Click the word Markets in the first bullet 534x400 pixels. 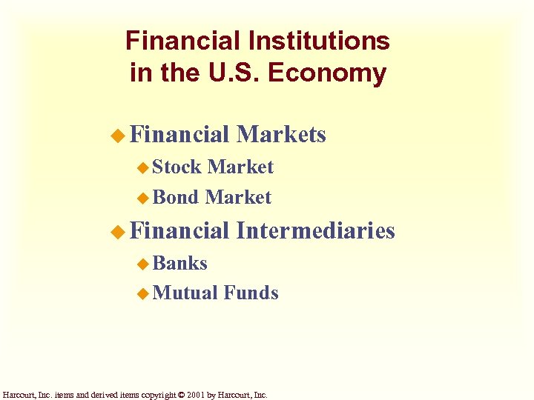point(281,134)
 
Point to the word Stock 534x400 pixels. point(177,167)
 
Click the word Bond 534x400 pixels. point(176,197)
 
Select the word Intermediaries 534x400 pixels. point(315,230)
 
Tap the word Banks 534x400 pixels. point(180,263)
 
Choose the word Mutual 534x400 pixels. point(185,293)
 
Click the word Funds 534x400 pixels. point(251,293)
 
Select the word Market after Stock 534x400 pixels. point(241,167)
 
